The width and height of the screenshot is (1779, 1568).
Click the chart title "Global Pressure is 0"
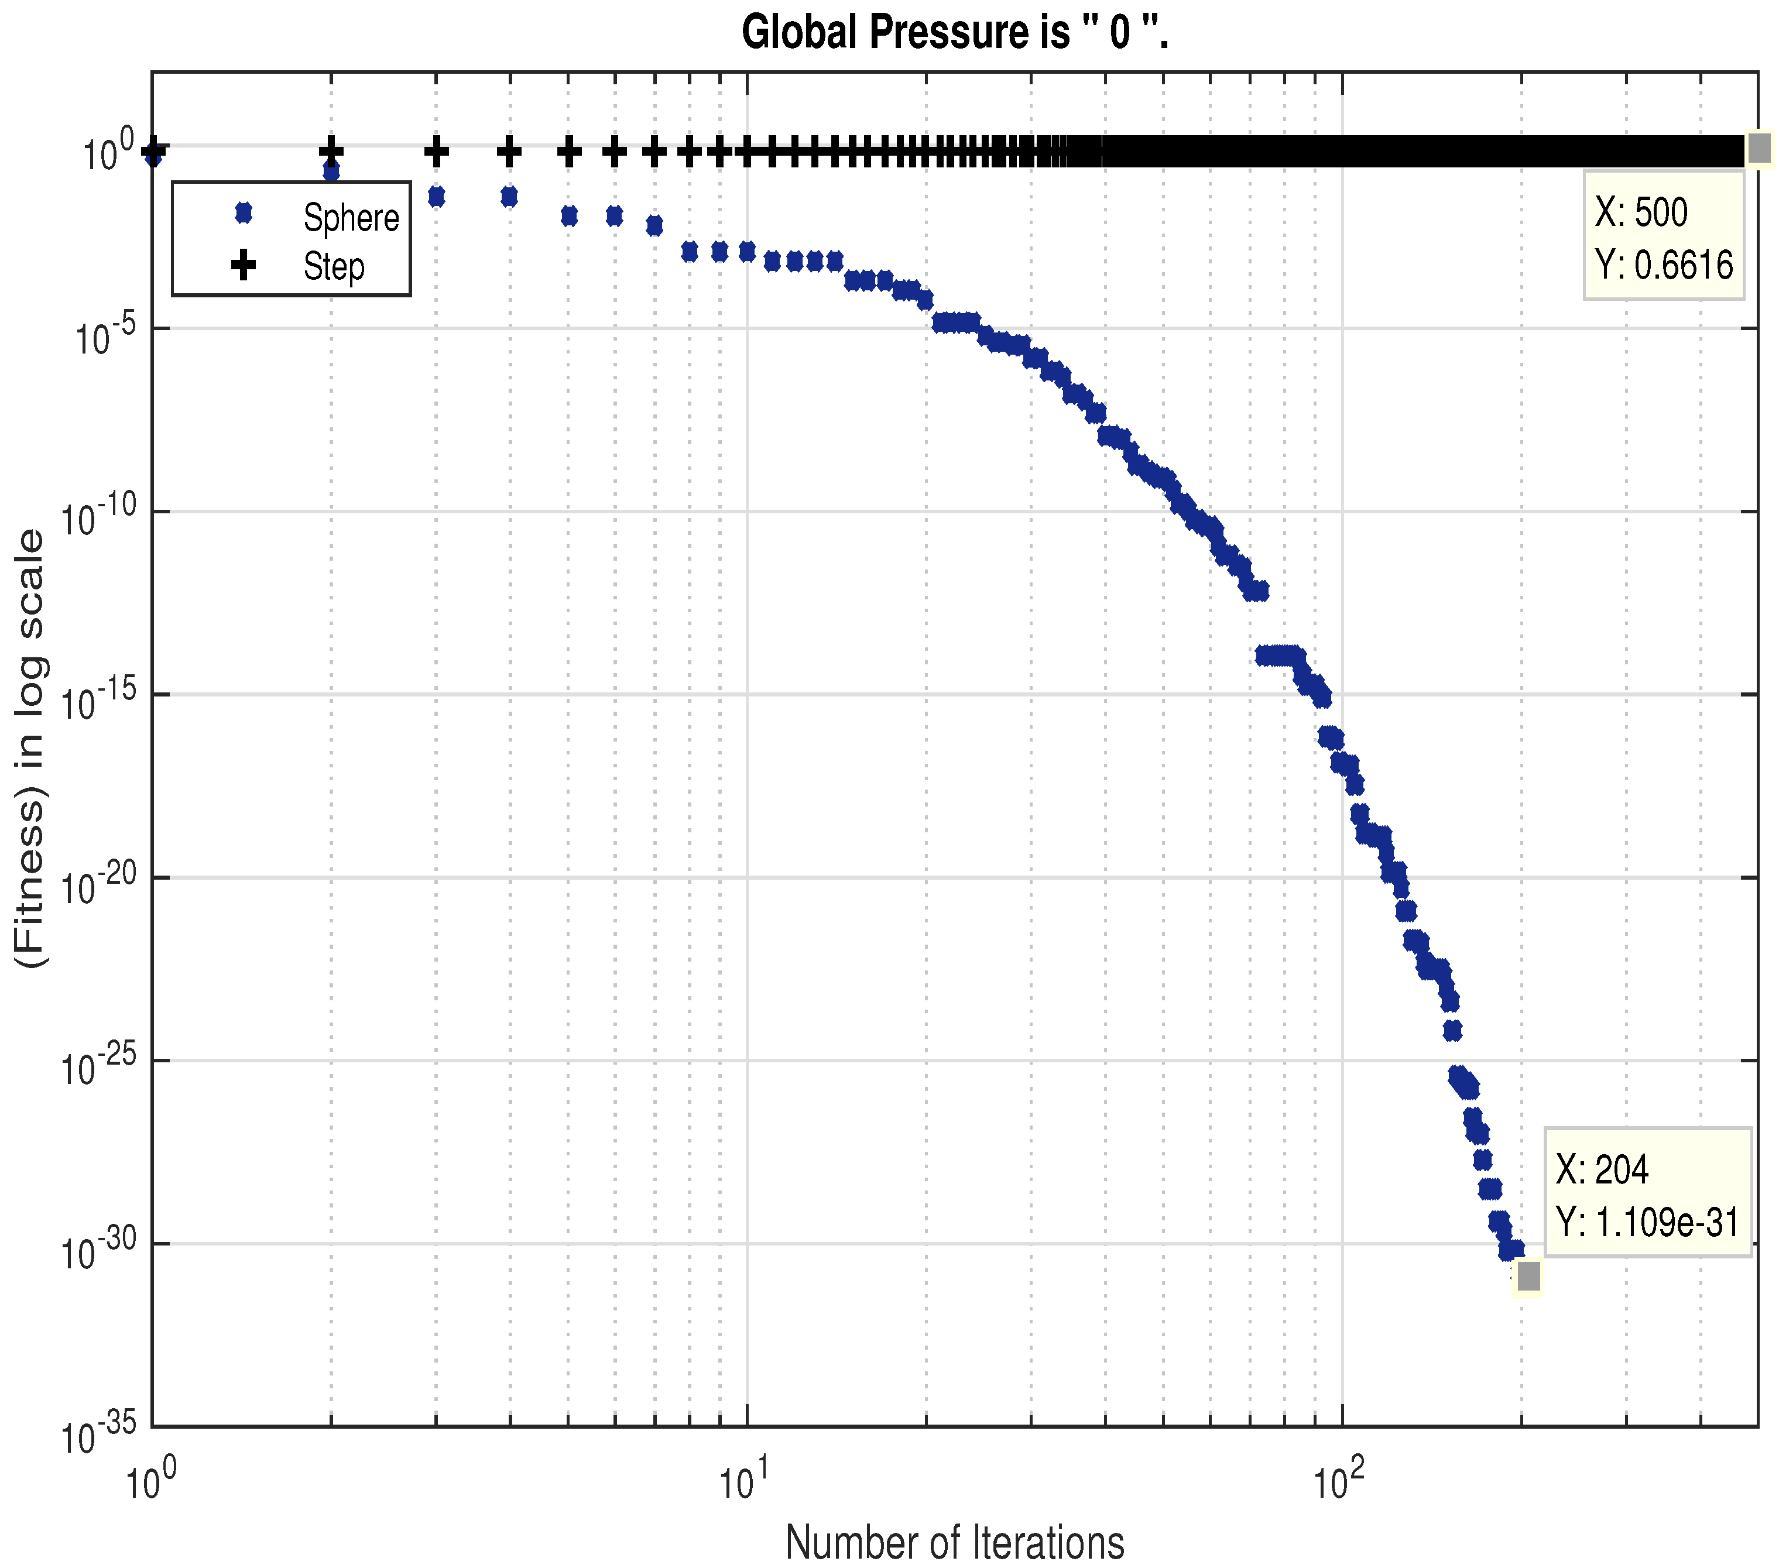(954, 33)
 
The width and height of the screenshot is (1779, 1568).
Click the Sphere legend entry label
(351, 218)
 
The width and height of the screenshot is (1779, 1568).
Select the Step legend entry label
(333, 266)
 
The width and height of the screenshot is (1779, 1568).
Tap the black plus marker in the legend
(244, 265)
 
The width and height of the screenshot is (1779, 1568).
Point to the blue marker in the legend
(244, 213)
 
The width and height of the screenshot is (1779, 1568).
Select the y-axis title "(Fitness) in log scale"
(32, 749)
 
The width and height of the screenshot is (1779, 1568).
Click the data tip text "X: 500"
(1641, 212)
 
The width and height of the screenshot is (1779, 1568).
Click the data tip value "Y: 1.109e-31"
(1647, 1223)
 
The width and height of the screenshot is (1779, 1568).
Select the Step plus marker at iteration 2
(331, 152)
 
